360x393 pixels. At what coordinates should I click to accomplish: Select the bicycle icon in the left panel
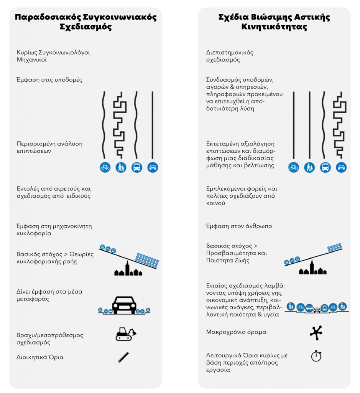[x=105, y=167]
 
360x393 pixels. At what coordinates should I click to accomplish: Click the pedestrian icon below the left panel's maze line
[x=121, y=167]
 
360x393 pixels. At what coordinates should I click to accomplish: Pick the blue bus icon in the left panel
[x=136, y=167]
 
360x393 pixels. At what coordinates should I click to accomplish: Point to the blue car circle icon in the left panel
[x=153, y=167]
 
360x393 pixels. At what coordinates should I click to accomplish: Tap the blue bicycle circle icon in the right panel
[x=293, y=167]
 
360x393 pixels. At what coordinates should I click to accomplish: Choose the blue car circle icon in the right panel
[x=341, y=167]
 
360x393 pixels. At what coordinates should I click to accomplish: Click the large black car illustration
[x=124, y=305]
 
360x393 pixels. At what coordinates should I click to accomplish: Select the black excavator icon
[x=125, y=334]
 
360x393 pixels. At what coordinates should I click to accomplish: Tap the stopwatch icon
[x=316, y=356]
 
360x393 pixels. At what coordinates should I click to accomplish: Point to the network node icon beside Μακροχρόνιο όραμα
[x=316, y=332]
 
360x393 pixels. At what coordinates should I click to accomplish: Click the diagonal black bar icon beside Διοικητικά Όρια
[x=123, y=357]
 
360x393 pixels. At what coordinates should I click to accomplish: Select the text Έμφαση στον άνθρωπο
[x=239, y=226]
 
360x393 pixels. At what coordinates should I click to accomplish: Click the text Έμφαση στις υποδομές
[x=49, y=80]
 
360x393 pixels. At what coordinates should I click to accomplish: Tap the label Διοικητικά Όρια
[x=40, y=357]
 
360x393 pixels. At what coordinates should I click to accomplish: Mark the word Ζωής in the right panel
[x=243, y=261]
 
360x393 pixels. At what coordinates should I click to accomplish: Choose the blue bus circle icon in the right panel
[x=325, y=167]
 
